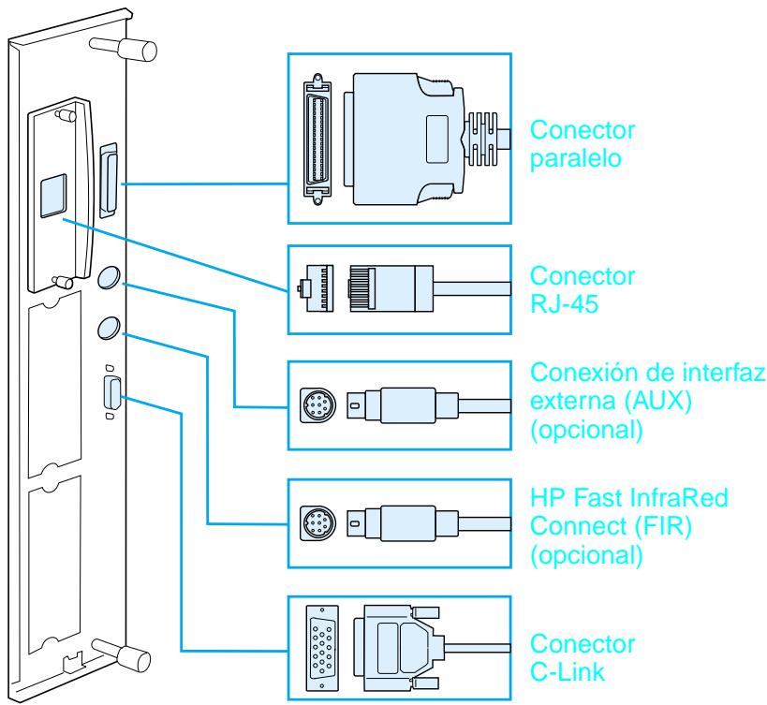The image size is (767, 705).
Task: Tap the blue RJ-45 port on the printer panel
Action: click(x=53, y=198)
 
